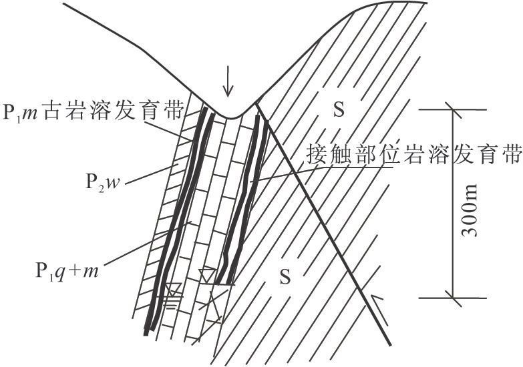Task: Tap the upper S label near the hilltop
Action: click(339, 110)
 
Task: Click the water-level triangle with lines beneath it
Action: click(176, 291)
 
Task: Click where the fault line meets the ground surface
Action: click(256, 102)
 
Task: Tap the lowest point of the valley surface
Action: click(229, 118)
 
